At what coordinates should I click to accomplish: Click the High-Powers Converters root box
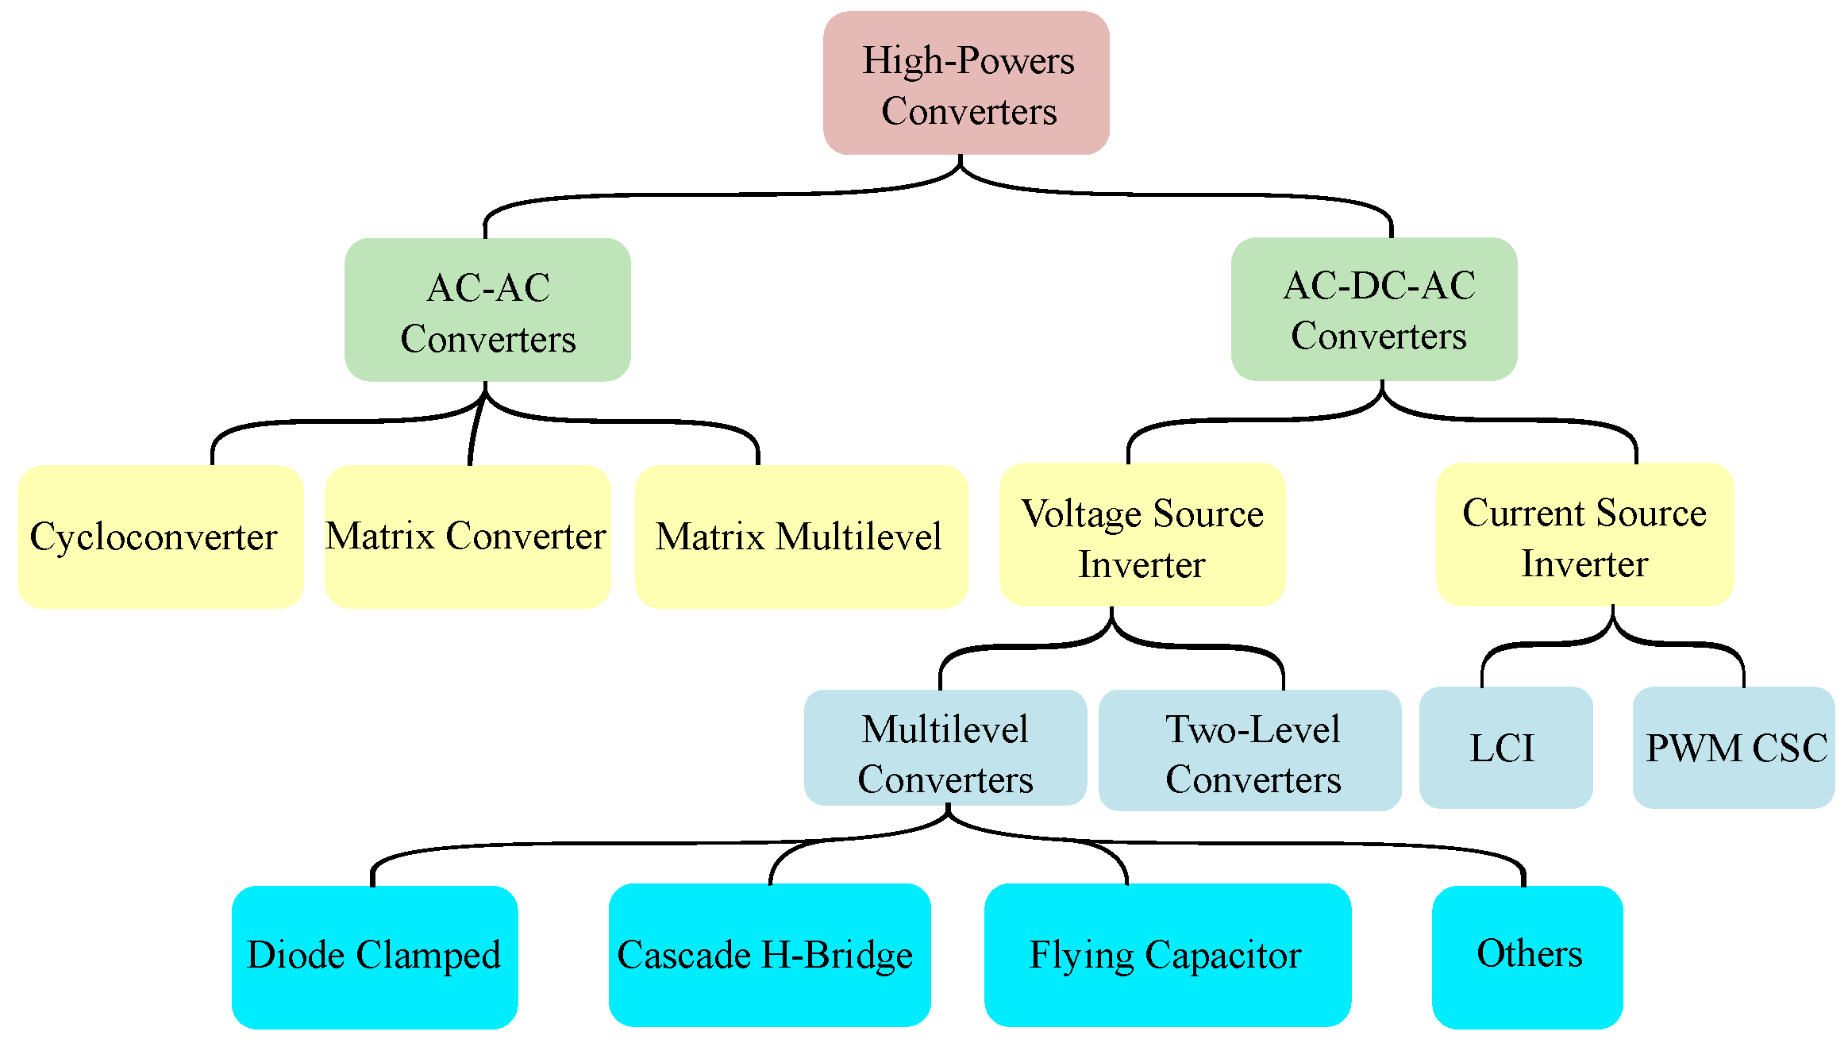coord(966,83)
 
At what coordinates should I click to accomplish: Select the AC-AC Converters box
coord(487,310)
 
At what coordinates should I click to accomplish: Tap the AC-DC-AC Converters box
coord(1374,309)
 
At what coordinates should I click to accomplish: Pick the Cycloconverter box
coord(160,537)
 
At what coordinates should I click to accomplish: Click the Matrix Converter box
coord(468,537)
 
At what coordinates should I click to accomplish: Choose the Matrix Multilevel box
coord(801,537)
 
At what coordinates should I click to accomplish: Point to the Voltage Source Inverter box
coord(1142,535)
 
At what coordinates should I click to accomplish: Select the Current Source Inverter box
coord(1584,534)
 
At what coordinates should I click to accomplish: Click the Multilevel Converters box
coord(945,749)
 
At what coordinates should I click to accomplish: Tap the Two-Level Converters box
coord(1250,751)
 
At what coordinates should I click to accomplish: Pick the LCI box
coord(1505,748)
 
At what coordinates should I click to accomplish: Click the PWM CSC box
coord(1734,748)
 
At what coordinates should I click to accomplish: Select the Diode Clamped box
coord(375,956)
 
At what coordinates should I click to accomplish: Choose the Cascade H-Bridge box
coord(769,955)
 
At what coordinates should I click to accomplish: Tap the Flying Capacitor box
coord(1167,955)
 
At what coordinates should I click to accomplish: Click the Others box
coord(1527,956)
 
